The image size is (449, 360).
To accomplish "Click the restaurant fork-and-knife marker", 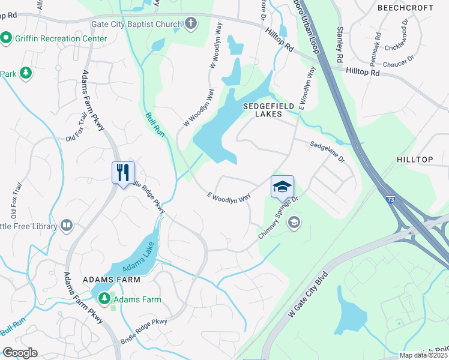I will (x=123, y=173).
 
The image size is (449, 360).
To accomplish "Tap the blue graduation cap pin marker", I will (x=282, y=187).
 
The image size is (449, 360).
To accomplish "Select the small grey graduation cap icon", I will (x=294, y=223).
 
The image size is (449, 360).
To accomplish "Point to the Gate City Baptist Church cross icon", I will (x=191, y=25).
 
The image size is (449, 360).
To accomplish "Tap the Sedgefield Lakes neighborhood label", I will (x=268, y=110).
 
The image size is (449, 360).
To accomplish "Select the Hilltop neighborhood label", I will (x=414, y=160).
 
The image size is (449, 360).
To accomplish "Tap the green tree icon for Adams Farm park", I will (x=104, y=298).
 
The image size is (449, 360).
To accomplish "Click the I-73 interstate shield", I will (x=391, y=200).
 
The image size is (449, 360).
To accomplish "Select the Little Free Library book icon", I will (x=66, y=226).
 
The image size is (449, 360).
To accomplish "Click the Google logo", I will (x=20, y=353).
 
